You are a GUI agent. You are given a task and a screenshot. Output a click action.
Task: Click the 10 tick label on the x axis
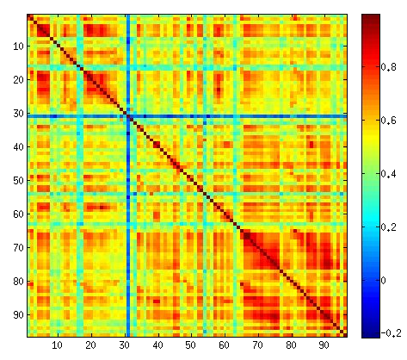coord(58,345)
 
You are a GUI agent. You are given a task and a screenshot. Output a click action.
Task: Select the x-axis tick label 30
coord(124,345)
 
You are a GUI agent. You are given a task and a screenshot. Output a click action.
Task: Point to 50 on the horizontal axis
coord(191,345)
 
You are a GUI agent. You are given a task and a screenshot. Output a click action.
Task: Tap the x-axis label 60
coord(225,345)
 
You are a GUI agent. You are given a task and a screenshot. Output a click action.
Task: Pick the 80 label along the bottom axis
coord(291,345)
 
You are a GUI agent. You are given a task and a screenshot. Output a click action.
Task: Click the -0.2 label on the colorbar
coord(394,332)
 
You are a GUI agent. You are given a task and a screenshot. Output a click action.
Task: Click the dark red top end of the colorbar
coord(372,17)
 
